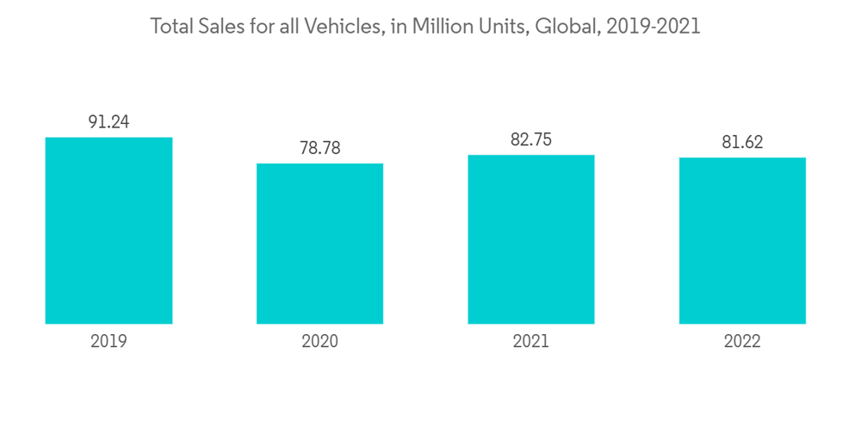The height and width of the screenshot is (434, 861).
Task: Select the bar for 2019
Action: [x=108, y=231]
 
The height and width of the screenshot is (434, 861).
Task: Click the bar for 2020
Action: [x=319, y=244]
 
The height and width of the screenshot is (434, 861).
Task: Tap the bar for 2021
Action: [x=531, y=239]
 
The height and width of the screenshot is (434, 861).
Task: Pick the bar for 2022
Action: [x=742, y=241]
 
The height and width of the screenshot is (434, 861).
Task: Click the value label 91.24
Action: [x=108, y=122]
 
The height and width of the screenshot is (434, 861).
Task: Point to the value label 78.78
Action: [x=319, y=148]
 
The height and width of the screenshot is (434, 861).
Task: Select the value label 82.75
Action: [x=531, y=139]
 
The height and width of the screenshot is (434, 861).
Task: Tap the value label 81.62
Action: [x=742, y=142]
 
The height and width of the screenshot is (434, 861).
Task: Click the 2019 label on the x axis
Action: [x=108, y=342]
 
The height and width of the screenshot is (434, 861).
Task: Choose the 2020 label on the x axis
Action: [x=319, y=342]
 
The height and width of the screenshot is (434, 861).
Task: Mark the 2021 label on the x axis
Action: [x=531, y=342]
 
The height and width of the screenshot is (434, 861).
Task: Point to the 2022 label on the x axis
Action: [x=742, y=342]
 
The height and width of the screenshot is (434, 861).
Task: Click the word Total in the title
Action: [x=172, y=27]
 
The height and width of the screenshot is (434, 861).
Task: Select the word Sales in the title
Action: [x=222, y=27]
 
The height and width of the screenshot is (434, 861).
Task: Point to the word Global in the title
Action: [x=565, y=27]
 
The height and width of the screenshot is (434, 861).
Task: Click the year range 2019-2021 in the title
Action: [x=653, y=27]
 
